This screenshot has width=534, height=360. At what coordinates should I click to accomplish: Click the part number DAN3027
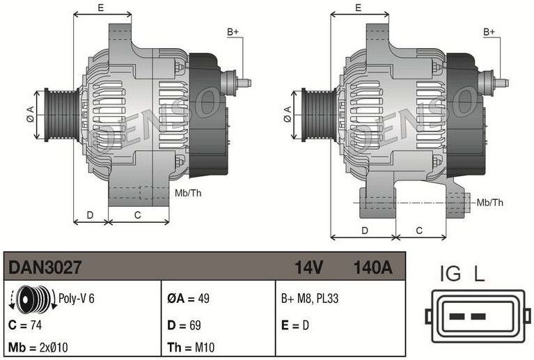(45, 267)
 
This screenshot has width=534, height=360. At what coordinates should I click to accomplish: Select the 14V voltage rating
(308, 267)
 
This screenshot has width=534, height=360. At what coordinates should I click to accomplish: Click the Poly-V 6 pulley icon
(32, 300)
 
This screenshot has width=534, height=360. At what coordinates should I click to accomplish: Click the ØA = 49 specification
(189, 299)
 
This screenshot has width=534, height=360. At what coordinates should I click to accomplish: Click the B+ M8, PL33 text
(309, 299)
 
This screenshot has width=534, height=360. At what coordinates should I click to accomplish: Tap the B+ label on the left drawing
(233, 32)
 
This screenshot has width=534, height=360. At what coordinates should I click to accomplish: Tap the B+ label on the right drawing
(489, 32)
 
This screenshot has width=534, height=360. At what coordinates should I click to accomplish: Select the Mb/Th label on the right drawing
(489, 203)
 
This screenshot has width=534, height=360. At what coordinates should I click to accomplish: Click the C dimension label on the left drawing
(137, 214)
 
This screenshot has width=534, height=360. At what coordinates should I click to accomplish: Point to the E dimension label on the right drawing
(358, 8)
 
